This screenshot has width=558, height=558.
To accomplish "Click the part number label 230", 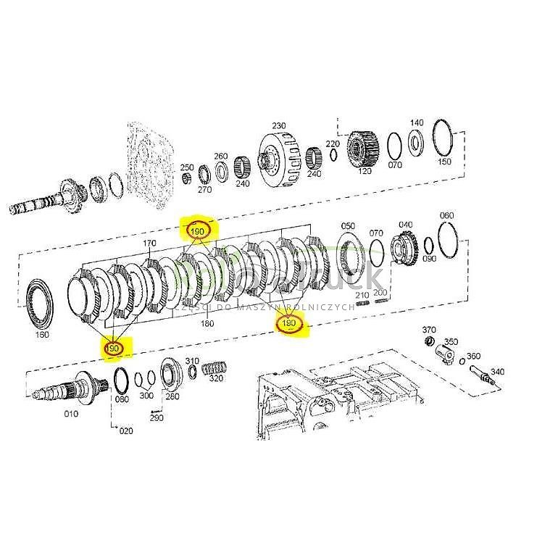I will [278, 125].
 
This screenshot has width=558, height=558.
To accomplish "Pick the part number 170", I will [149, 243].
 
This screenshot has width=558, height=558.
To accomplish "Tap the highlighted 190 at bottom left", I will [113, 349].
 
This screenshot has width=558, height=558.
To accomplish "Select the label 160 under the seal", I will [42, 335].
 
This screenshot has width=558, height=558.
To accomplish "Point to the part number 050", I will [348, 226].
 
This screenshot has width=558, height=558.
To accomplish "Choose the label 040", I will [406, 225].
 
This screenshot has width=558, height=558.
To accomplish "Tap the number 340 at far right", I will [497, 372].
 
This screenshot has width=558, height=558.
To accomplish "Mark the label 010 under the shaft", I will [71, 415].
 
